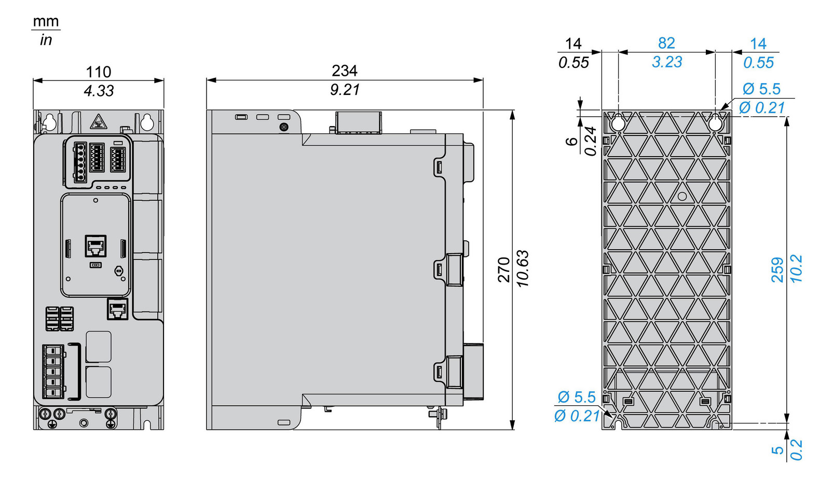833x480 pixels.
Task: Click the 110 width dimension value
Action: (x=98, y=72)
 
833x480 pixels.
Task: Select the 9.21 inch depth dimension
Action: (x=345, y=90)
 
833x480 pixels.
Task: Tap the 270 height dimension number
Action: (x=503, y=269)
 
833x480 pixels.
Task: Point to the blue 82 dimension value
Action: (x=666, y=43)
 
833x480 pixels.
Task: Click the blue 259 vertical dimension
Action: (x=777, y=269)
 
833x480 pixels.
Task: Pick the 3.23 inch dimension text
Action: (x=667, y=62)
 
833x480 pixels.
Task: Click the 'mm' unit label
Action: (x=46, y=21)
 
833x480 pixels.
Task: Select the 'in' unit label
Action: (x=46, y=40)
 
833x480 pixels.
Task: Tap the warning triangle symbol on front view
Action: (x=98, y=123)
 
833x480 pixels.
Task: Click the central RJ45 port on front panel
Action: (x=95, y=246)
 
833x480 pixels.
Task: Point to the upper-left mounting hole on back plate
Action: (x=618, y=123)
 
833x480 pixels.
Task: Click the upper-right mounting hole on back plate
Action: (x=715, y=123)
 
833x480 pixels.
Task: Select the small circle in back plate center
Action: (x=682, y=196)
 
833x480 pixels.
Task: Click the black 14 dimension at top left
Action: (x=573, y=44)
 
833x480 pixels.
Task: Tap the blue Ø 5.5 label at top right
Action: (x=761, y=89)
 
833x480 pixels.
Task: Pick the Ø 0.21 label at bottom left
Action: (x=576, y=416)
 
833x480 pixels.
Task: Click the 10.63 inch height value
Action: (x=523, y=269)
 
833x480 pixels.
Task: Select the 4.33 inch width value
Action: (x=98, y=91)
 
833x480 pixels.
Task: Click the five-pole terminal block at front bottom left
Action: (x=53, y=372)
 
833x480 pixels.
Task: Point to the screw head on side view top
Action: (x=283, y=127)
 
